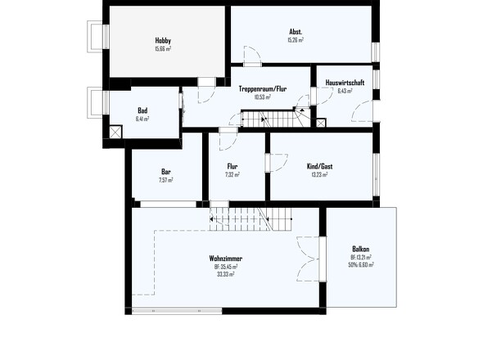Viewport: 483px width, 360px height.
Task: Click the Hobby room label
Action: [x=163, y=40]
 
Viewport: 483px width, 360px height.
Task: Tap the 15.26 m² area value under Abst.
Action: [x=296, y=39]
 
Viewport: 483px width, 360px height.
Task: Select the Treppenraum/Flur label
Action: [x=262, y=88]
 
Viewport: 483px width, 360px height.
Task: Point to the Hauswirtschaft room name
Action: [x=344, y=83]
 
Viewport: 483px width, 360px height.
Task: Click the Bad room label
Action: [x=142, y=110]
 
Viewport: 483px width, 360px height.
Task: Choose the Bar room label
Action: [x=166, y=172]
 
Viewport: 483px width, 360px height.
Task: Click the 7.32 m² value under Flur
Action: [x=232, y=174]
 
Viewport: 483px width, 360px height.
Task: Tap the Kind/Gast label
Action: [x=319, y=166]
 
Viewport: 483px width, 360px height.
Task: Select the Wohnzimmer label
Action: [x=225, y=259]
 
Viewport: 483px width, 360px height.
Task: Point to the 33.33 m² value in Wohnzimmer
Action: [x=225, y=274]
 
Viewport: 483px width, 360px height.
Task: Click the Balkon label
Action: [x=361, y=249]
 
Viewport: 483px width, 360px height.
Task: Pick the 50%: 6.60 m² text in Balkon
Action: [x=361, y=265]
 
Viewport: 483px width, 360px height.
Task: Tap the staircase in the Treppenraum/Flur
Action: [x=282, y=119]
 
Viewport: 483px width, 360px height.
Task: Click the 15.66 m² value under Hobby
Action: [x=163, y=48]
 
